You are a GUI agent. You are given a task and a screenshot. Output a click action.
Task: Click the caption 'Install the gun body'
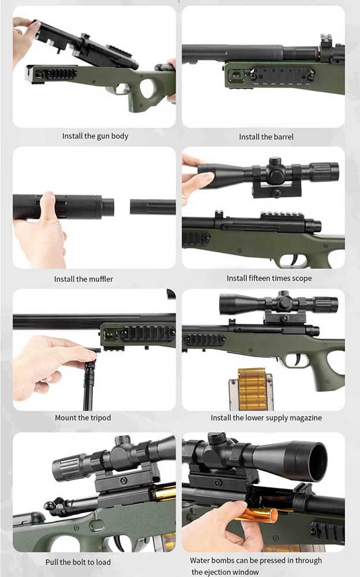coord(95,136)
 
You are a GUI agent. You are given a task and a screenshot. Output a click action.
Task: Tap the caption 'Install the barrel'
coord(266,137)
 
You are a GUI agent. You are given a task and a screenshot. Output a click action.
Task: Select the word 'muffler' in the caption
coord(100,279)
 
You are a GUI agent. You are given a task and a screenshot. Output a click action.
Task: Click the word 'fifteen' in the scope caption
coord(261,278)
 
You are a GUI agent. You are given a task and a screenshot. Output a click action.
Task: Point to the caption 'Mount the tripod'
coord(82,417)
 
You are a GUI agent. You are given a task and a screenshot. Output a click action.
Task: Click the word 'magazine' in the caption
coord(303,417)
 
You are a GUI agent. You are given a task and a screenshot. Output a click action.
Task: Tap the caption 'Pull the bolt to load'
coord(78,561)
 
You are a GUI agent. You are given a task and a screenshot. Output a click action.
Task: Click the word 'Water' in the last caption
coord(200,560)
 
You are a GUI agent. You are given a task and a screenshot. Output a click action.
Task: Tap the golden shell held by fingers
coord(257,514)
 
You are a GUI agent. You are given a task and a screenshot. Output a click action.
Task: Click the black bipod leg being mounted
coord(89,381)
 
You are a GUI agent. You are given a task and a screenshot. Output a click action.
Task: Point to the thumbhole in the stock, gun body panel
coord(147,90)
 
